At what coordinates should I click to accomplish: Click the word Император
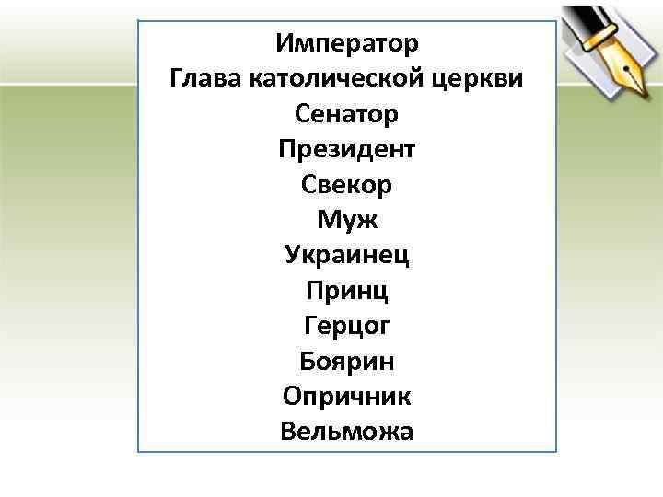pos(347,43)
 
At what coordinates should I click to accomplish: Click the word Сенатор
pos(347,114)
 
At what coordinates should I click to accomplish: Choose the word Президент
pos(347,149)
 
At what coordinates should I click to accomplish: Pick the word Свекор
pos(347,184)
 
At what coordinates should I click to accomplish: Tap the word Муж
pos(347,220)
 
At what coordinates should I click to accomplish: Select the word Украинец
pos(347,255)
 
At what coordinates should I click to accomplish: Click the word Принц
pos(347,291)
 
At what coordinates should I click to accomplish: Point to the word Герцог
pos(347,326)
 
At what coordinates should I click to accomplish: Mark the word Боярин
pos(347,361)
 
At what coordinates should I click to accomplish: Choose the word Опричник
pos(347,396)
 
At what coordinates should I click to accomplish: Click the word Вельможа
pos(347,431)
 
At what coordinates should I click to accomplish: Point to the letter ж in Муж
pos(368,220)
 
